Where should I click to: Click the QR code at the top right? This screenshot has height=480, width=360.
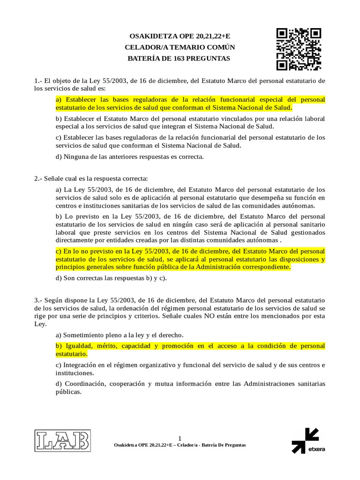(x=299, y=49)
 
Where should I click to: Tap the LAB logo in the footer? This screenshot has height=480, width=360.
(x=62, y=441)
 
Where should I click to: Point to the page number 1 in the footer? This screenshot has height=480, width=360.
(x=180, y=438)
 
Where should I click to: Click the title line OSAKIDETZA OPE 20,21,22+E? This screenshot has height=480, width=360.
(x=180, y=36)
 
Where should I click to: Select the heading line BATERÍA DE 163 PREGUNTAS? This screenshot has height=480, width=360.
(x=180, y=59)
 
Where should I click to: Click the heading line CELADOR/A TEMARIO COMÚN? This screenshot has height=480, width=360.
(x=180, y=47)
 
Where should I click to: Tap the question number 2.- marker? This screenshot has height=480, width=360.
(x=38, y=179)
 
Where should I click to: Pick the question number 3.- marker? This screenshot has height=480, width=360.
(x=38, y=300)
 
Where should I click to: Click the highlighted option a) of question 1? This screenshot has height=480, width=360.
(x=190, y=104)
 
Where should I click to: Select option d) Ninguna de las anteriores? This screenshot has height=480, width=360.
(x=129, y=157)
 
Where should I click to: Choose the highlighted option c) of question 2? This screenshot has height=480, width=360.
(x=190, y=259)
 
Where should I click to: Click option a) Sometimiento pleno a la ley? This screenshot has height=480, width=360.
(x=120, y=335)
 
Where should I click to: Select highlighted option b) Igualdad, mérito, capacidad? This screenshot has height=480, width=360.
(x=190, y=350)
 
